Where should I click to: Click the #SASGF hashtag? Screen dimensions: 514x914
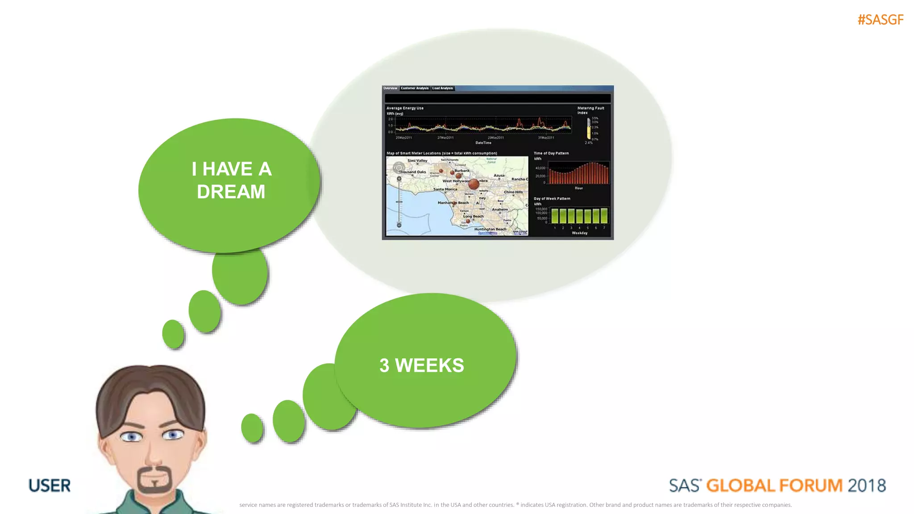coord(880,20)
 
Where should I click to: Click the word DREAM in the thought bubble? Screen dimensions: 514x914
coord(231,192)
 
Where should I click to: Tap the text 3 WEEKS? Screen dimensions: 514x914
coord(421,365)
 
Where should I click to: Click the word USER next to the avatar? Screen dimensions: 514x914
coord(50,485)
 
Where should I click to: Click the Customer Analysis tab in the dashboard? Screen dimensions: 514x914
coord(414,88)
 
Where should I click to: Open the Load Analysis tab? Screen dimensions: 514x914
coord(442,88)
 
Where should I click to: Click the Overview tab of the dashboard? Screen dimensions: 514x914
coord(390,88)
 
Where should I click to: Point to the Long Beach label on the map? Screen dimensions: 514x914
coord(473,216)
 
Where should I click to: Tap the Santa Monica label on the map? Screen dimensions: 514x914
coord(445,189)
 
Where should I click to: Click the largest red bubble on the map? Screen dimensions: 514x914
coord(474,183)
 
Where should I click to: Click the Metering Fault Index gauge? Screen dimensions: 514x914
coord(589,128)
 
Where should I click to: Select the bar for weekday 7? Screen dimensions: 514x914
coord(604,216)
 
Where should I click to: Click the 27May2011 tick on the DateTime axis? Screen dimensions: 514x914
coord(445,138)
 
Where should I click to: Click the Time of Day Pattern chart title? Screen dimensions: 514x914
coord(551,153)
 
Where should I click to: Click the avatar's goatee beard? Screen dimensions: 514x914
coord(154,481)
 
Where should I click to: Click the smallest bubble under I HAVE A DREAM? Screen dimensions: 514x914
coord(173,334)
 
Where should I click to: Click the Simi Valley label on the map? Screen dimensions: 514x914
coord(417,161)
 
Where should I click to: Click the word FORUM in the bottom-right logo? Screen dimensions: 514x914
coord(811,485)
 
